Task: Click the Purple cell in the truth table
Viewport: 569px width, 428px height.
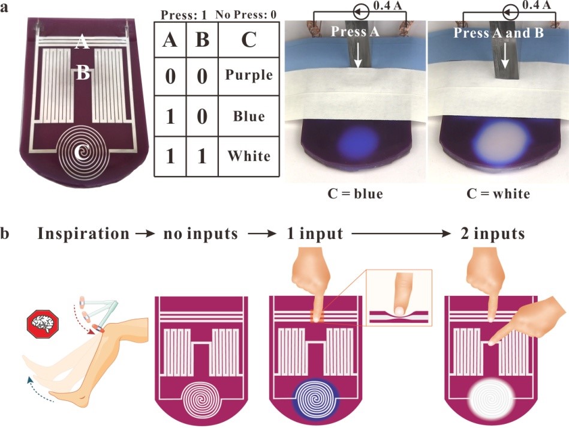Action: pos(248,75)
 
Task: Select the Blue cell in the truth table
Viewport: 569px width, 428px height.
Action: pos(248,116)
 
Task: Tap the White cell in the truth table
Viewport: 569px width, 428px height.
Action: pos(248,156)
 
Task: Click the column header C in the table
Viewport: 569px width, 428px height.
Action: pos(248,40)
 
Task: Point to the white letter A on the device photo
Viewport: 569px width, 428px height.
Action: pos(82,41)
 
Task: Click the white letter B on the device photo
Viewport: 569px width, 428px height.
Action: pos(83,73)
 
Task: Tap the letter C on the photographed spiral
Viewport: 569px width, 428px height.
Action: pos(82,154)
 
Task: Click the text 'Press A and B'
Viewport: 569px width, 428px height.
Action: pos(498,32)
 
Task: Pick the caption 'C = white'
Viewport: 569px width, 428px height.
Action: pos(498,194)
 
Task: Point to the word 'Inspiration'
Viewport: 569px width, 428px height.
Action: pos(83,234)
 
